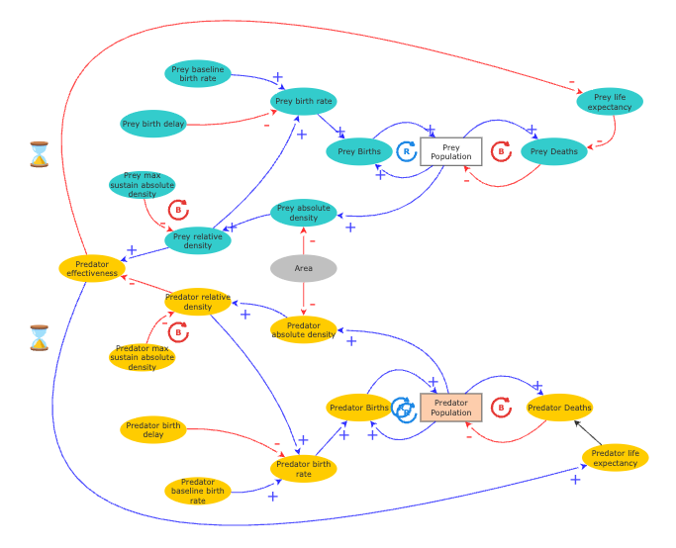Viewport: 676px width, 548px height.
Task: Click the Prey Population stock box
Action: click(x=450, y=151)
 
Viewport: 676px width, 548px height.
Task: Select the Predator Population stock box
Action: click(x=451, y=408)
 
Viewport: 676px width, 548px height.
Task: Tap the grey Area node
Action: click(x=303, y=268)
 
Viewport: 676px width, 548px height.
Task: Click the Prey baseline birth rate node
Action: click(x=198, y=74)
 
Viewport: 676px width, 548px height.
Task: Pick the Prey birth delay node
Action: click(x=152, y=124)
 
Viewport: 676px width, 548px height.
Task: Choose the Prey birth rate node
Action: click(x=304, y=101)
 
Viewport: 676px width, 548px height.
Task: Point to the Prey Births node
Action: click(x=359, y=151)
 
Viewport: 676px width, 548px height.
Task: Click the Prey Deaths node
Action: click(x=554, y=151)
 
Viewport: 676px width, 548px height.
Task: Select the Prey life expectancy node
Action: click(x=610, y=101)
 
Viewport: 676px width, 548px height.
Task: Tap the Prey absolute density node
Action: click(x=304, y=213)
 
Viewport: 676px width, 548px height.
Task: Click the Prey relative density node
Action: click(x=198, y=240)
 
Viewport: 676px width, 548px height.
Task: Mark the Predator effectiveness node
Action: click(x=92, y=268)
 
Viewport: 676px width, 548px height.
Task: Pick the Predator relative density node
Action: click(x=198, y=302)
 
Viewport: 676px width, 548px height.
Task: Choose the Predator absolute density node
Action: click(x=304, y=330)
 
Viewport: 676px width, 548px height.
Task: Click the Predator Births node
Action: click(x=359, y=408)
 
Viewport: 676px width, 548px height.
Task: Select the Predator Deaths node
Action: click(x=559, y=408)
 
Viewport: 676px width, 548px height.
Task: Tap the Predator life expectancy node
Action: click(x=615, y=457)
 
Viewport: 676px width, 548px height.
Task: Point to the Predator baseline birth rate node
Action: click(x=198, y=491)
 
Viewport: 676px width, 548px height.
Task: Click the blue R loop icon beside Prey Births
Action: click(x=406, y=151)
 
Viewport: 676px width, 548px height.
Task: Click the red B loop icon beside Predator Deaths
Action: click(x=501, y=408)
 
